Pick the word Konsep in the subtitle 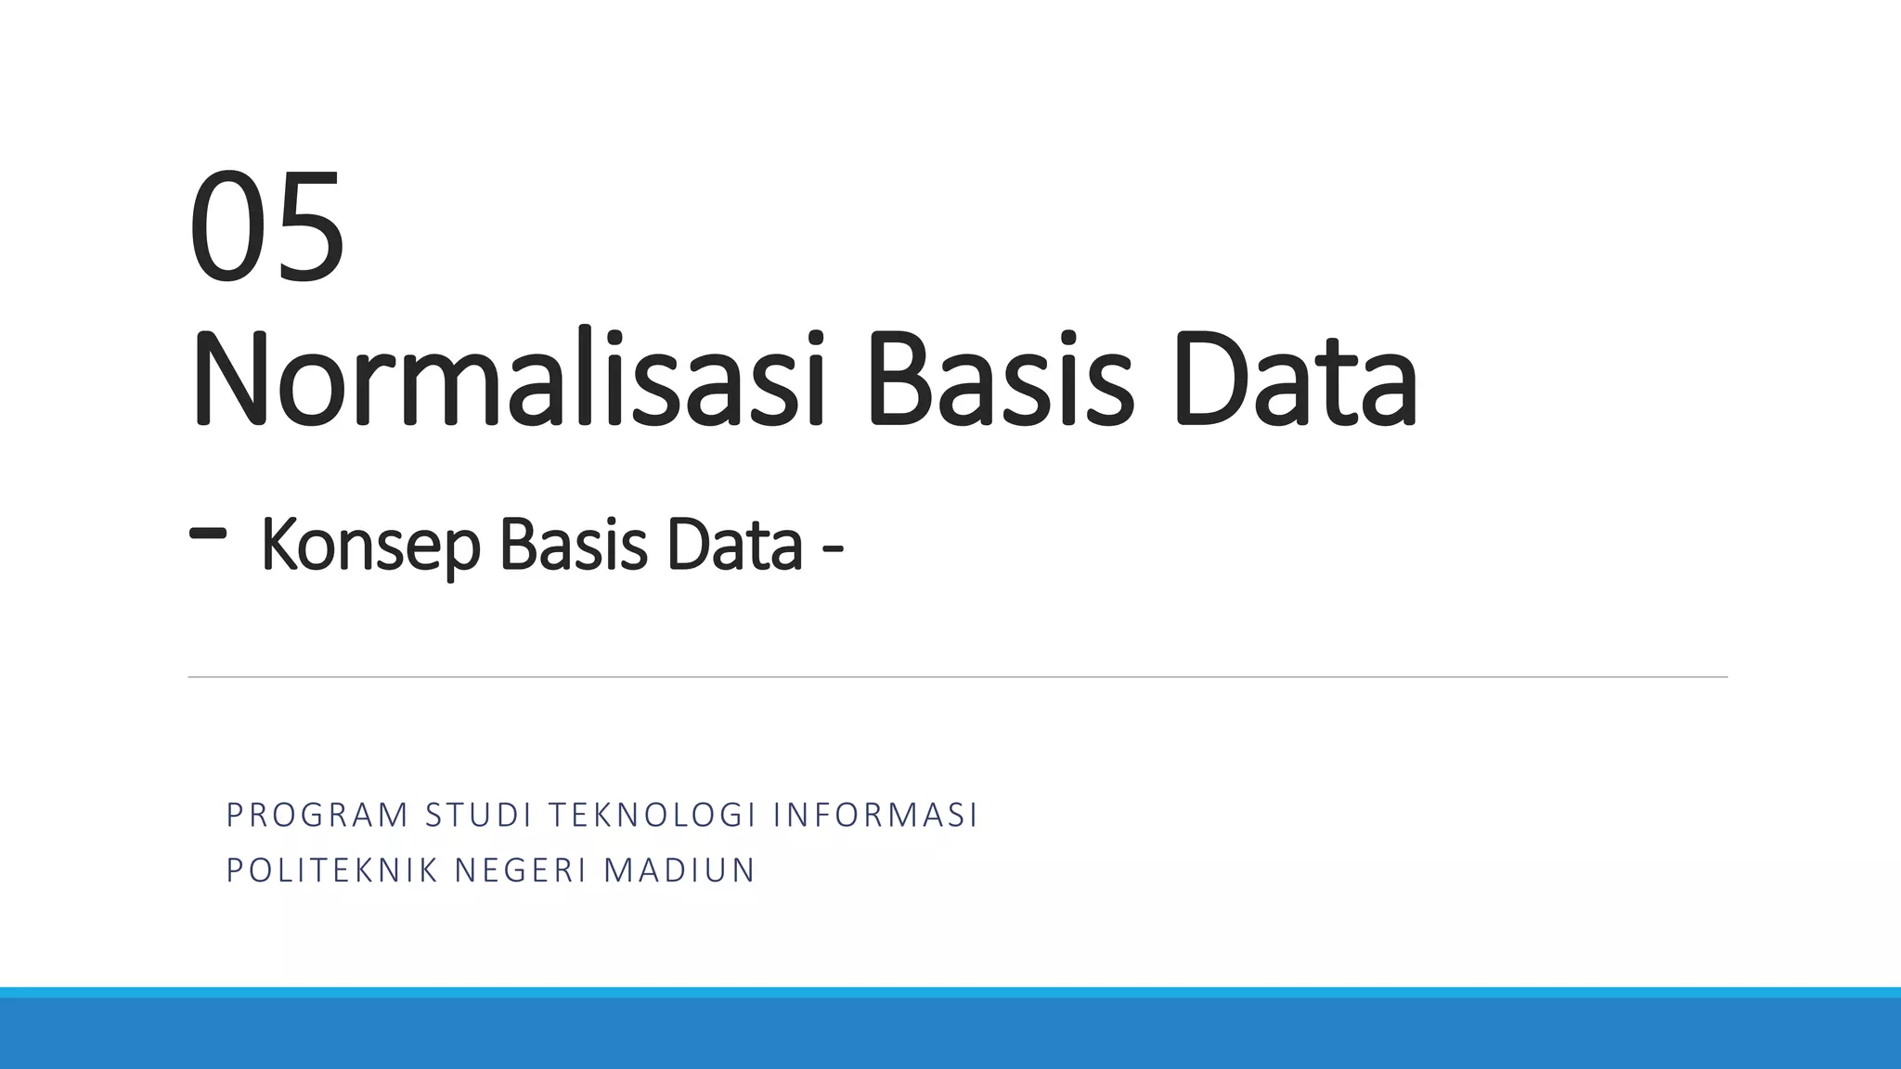click(370, 546)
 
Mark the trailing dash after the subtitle click(833, 559)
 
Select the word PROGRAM click(317, 815)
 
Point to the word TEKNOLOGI click(653, 815)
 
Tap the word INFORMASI click(875, 815)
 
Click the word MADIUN click(679, 870)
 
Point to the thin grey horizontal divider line click(956, 677)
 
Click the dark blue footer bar click(950, 1034)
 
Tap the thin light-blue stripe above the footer click(950, 992)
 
